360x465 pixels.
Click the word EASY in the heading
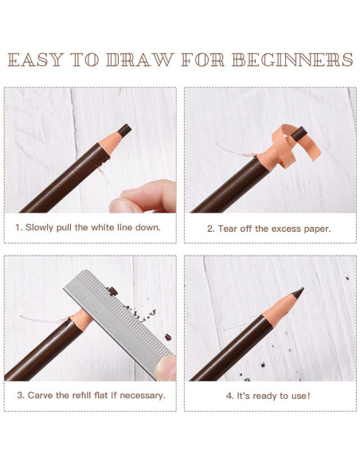[36, 60]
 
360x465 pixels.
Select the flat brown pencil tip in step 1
[124, 131]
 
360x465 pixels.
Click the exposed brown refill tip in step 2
[299, 134]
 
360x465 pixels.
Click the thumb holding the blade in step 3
[166, 368]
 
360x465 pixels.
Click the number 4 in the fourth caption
[229, 396]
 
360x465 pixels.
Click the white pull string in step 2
[236, 150]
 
